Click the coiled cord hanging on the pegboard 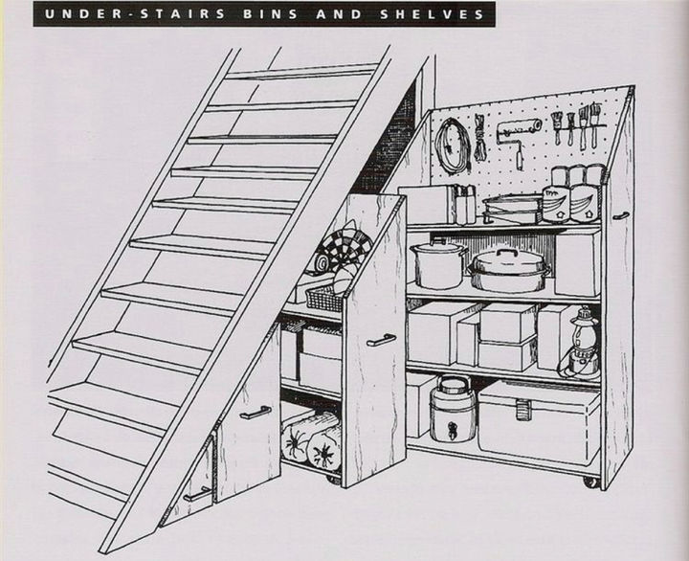coord(452,146)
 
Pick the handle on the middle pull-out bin coord(256,413)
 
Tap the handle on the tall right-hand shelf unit coord(622,216)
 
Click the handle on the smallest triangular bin coord(197,494)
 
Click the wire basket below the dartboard coord(322,299)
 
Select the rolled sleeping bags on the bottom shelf coord(312,439)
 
